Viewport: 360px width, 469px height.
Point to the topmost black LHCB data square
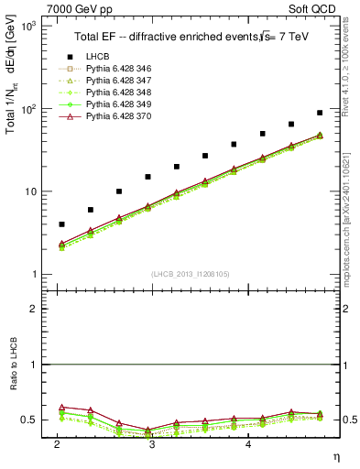tap(320, 113)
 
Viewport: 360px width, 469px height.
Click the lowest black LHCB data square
tap(61, 224)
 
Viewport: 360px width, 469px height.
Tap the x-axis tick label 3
tap(150, 443)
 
